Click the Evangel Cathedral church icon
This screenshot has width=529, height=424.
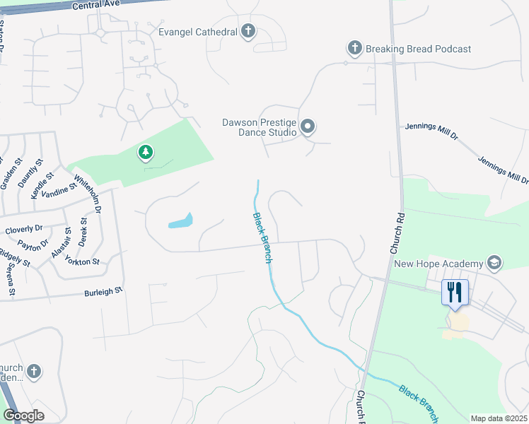pyautogui.click(x=248, y=31)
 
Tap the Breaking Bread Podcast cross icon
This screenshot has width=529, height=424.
pyautogui.click(x=354, y=48)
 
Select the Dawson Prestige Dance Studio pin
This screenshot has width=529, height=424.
pyautogui.click(x=308, y=127)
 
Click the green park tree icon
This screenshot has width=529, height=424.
pyautogui.click(x=145, y=152)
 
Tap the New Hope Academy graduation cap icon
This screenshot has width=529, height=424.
pyautogui.click(x=494, y=264)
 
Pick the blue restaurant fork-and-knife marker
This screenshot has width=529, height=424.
pyautogui.click(x=453, y=291)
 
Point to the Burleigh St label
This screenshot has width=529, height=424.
pyautogui.click(x=103, y=290)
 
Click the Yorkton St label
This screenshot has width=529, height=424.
pyautogui.click(x=83, y=261)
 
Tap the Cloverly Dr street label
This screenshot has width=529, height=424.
pyautogui.click(x=24, y=230)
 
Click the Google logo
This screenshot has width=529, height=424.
pyautogui.click(x=23, y=416)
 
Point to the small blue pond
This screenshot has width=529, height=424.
pyautogui.click(x=180, y=221)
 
